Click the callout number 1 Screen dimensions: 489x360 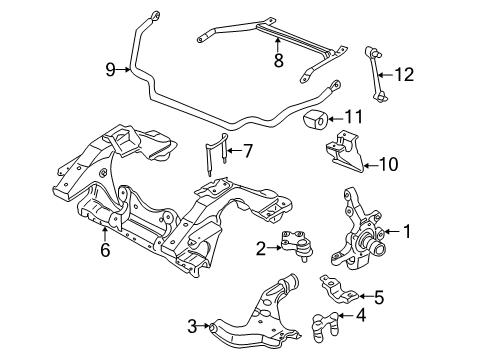tap(407, 231)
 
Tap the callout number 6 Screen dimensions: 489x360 tap(105, 250)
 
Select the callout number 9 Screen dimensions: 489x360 tap(110, 70)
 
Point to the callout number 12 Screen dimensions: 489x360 tap(404, 74)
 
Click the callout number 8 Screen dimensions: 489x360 tap(278, 60)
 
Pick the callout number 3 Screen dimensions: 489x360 tap(192, 326)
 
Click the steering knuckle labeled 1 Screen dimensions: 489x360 tap(358, 230)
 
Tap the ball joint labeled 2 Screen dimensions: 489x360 tap(297, 245)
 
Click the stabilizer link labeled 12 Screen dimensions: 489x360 tap(375, 74)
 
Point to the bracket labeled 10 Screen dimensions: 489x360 tap(344, 152)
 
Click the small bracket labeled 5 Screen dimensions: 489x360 tap(339, 289)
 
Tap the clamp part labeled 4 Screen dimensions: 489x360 tap(325, 327)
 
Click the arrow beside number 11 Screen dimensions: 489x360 tap(335, 119)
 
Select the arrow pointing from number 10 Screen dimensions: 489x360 tap(370, 165)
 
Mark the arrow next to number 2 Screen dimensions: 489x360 tap(275, 247)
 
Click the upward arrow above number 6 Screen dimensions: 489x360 tap(105, 234)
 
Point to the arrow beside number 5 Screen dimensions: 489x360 tap(365, 296)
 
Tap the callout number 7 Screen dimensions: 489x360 tap(248, 151)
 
